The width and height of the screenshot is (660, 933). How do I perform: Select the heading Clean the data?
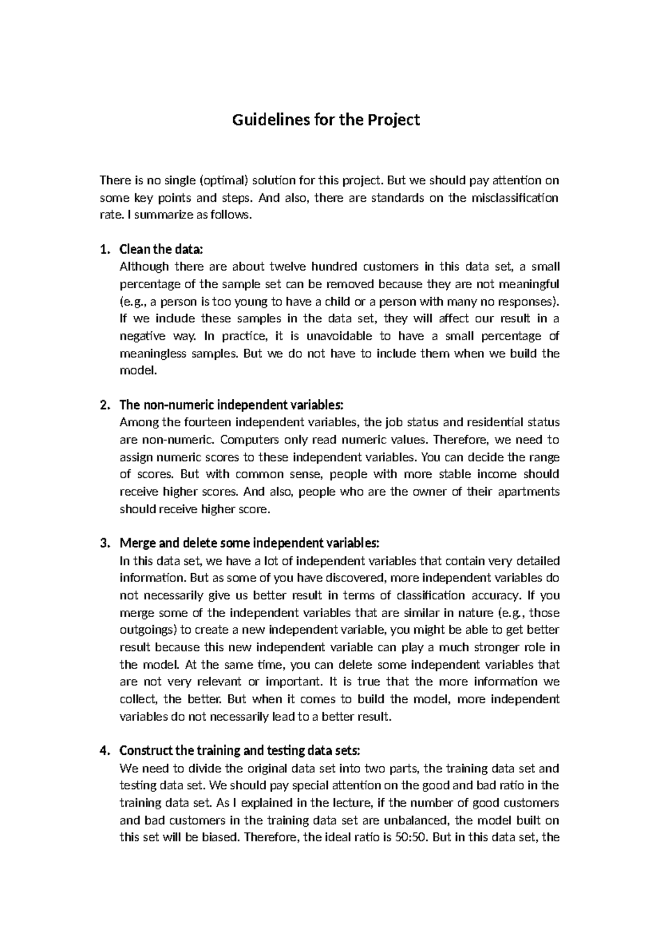[x=161, y=249]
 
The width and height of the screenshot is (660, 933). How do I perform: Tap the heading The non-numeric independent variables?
[x=231, y=405]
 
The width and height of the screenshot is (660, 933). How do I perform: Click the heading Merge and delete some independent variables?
[x=249, y=544]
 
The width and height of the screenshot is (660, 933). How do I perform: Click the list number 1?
[x=104, y=249]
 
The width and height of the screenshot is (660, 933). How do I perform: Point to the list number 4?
[x=104, y=750]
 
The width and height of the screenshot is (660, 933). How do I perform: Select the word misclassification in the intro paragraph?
[x=515, y=197]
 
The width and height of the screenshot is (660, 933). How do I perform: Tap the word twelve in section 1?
[x=288, y=267]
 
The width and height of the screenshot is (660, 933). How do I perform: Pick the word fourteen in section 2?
[x=206, y=422]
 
